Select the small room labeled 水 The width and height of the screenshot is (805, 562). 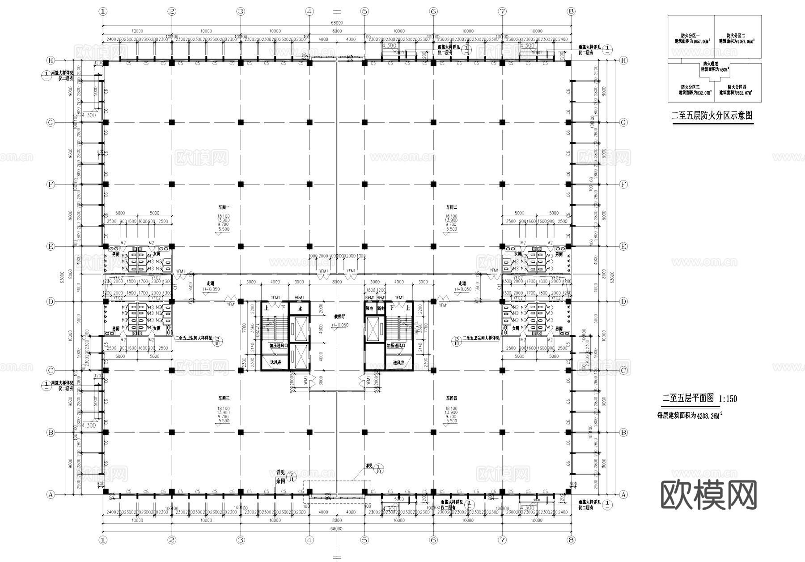[x=301, y=309]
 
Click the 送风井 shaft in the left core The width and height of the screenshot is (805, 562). [x=275, y=362]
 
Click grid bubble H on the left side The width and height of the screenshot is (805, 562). [x=51, y=60]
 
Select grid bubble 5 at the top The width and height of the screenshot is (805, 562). [x=364, y=12]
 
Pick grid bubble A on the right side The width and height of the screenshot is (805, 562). [x=623, y=495]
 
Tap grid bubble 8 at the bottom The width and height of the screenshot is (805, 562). [x=570, y=540]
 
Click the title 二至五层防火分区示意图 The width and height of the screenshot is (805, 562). [x=712, y=116]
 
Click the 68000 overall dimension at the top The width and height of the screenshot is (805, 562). [x=337, y=23]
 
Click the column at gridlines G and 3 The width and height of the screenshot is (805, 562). [x=241, y=122]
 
